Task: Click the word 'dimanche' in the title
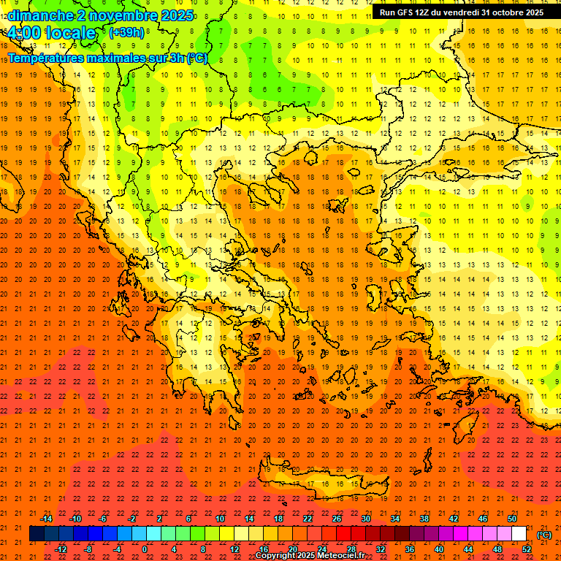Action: point(39,15)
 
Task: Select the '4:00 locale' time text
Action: point(51,33)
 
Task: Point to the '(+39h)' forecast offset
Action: point(126,32)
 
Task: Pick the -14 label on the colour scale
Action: point(46,519)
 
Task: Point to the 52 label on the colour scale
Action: point(527,549)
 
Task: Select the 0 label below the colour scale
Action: point(145,549)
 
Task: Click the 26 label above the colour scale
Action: point(337,519)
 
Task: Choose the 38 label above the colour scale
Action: point(424,519)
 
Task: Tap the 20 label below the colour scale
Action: point(292,549)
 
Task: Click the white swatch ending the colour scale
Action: point(519,534)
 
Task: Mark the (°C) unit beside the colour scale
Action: point(544,534)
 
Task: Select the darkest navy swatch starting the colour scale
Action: point(37,534)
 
